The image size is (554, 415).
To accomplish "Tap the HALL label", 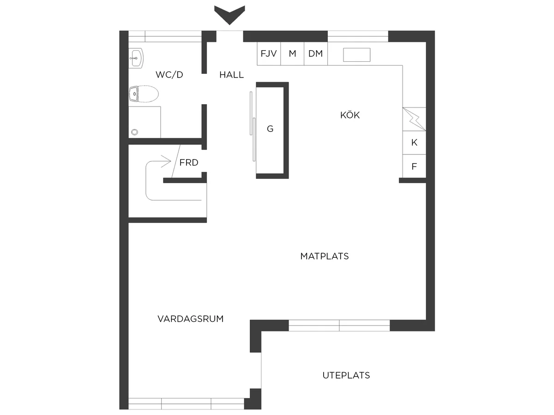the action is tap(231, 75).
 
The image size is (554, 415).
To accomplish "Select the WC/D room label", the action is tap(169, 75).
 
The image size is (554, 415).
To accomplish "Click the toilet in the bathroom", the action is tap(144, 94).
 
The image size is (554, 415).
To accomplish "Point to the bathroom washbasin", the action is tap(136, 58).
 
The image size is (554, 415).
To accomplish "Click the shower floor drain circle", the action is tap(134, 132).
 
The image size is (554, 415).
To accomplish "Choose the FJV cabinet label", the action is tap(269, 53).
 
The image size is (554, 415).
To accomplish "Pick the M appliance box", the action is tap(292, 53).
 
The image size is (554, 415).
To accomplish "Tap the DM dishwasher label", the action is tap(315, 53).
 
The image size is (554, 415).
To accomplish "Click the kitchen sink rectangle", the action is tap(356, 55).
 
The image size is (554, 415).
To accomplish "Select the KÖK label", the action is tap(350, 115).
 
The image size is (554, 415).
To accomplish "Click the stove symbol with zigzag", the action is tap(414, 119).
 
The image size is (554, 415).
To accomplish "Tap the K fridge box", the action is tap(414, 142).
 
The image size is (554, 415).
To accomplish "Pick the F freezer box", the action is tap(414, 166).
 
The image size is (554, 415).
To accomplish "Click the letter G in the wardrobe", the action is tap(270, 129).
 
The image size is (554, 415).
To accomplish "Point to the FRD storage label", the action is tap(189, 162).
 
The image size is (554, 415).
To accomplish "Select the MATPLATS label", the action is tap(325, 256).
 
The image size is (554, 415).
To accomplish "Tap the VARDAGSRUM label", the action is tap(191, 319).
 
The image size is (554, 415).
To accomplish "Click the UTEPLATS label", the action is tap(346, 375).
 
